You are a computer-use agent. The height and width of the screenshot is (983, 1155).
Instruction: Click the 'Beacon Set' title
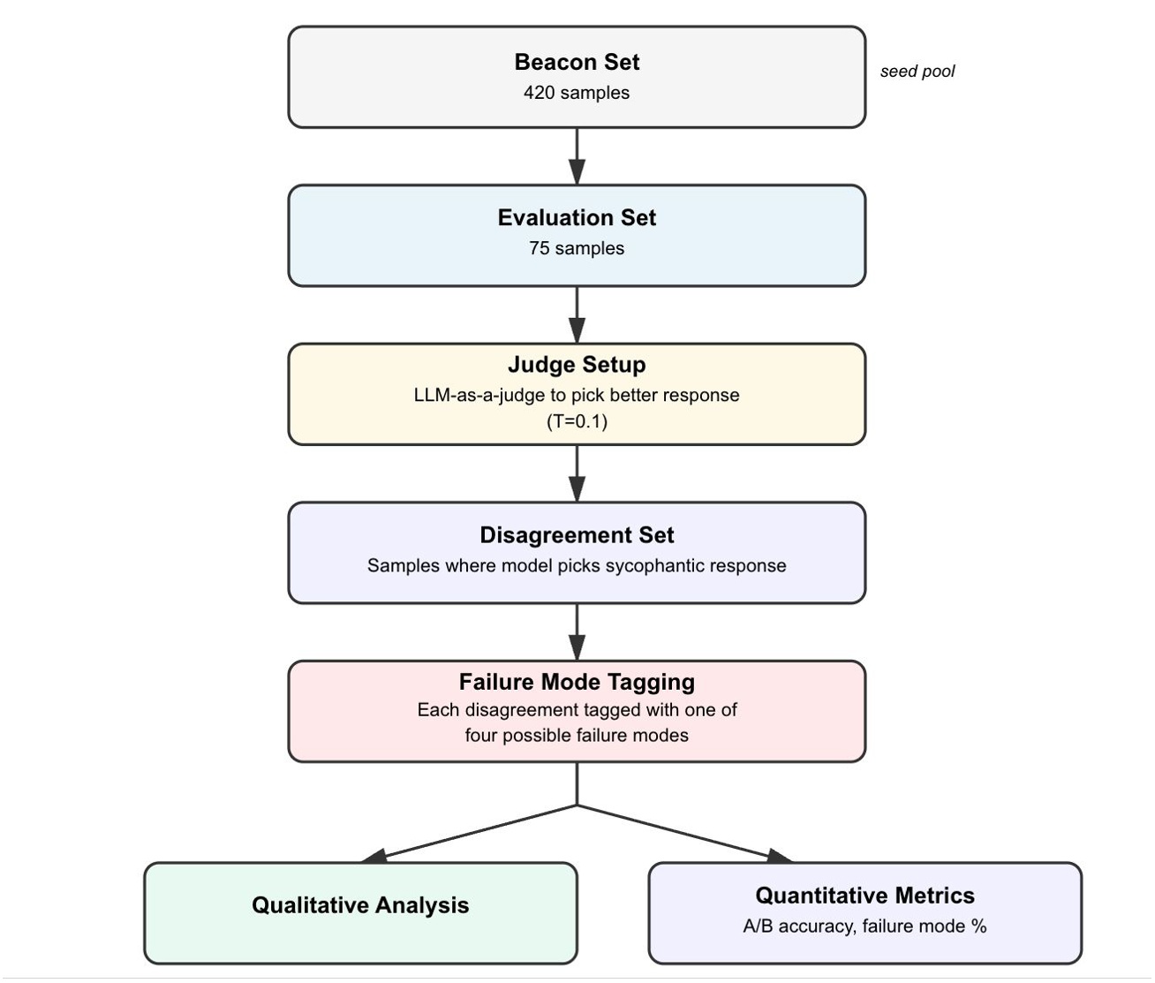tap(577, 63)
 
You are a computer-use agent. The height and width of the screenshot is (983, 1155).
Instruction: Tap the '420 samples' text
tap(577, 93)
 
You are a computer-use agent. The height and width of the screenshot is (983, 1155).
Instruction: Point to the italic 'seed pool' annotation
tap(917, 72)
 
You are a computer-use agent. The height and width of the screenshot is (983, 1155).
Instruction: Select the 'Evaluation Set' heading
tap(577, 218)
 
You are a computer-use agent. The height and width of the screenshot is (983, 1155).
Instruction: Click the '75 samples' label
tap(577, 249)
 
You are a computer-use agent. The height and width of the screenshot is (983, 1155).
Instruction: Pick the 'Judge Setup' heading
tap(577, 365)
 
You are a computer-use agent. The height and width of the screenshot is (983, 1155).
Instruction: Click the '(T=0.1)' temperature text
tap(577, 421)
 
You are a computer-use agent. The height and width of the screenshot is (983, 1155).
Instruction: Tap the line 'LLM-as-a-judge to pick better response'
tap(577, 396)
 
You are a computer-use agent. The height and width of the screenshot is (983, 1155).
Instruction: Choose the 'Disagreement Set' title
tap(577, 535)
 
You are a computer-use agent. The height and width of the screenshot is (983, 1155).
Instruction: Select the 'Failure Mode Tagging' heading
tap(577, 682)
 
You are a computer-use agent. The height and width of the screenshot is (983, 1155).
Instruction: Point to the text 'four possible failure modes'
tap(577, 736)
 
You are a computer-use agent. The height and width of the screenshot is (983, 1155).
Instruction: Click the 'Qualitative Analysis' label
tap(360, 905)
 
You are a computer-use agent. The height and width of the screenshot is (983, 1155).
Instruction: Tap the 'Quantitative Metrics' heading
tap(864, 896)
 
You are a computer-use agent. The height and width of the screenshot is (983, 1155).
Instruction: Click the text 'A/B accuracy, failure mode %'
tap(864, 926)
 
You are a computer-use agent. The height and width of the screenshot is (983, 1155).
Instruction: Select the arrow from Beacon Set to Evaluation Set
tap(577, 156)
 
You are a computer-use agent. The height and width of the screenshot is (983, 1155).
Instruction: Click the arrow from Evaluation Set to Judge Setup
tap(577, 314)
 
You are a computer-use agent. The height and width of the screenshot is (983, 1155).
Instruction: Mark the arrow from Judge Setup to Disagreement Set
tap(577, 473)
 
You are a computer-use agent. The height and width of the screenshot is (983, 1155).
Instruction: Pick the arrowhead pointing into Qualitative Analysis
tap(374, 855)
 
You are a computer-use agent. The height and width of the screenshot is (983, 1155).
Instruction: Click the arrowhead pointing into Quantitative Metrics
tap(779, 855)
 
